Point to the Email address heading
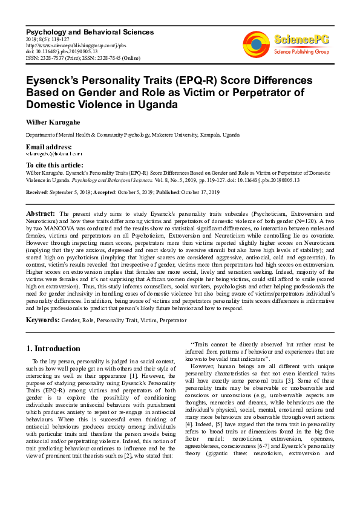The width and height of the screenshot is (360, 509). pos(48,148)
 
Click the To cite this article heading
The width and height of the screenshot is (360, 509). pos(54,165)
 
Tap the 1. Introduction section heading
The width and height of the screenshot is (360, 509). pos(53,349)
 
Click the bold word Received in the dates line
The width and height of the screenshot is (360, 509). pos(37,192)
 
